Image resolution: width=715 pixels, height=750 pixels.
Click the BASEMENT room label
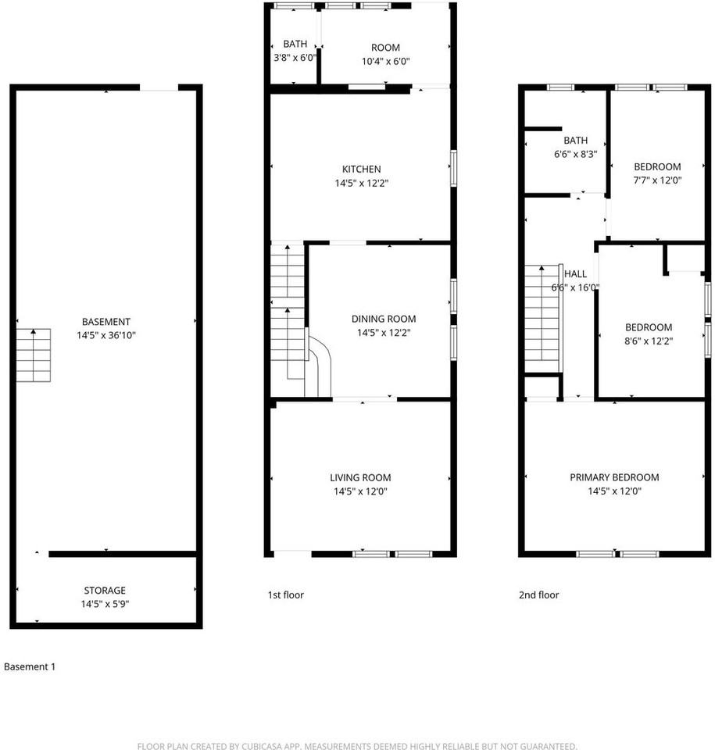click(x=105, y=322)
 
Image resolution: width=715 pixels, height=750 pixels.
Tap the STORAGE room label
click(x=105, y=591)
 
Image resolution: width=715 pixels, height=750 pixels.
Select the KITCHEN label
click(x=361, y=170)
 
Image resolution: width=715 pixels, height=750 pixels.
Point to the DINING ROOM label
click(x=384, y=319)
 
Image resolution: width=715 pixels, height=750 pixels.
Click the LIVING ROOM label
click(x=360, y=478)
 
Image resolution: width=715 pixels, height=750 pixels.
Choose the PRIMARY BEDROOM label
click(x=614, y=477)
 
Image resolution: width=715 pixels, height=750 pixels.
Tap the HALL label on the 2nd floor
click(x=575, y=274)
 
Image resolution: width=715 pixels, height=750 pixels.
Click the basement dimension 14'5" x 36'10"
click(x=105, y=335)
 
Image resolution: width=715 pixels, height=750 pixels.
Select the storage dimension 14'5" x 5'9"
click(x=105, y=604)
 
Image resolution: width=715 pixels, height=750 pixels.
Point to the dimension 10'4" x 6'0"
click(x=386, y=61)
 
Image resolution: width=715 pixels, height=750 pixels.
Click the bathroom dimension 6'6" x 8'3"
click(x=575, y=155)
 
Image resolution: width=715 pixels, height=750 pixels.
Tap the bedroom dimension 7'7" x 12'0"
click(x=657, y=180)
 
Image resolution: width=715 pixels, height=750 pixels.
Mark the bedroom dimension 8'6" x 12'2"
click(x=648, y=341)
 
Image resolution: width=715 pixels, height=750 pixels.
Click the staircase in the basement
click(x=34, y=355)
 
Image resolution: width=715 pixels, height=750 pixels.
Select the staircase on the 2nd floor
click(x=542, y=319)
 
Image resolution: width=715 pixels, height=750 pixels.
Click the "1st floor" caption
click(x=285, y=595)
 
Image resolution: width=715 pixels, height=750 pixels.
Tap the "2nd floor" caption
click(x=539, y=595)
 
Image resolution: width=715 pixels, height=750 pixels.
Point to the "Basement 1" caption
click(x=30, y=667)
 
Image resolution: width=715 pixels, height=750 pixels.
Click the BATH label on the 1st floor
click(x=295, y=45)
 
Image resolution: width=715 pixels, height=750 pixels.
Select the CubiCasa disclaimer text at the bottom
click(x=357, y=746)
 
